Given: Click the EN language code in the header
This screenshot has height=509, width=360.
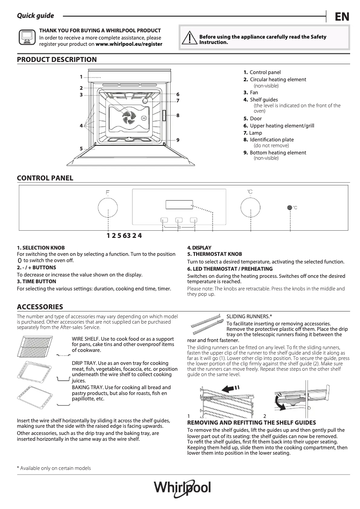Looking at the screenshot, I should pos(342,17).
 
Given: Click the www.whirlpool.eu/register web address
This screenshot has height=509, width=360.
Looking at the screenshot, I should pos(129,44).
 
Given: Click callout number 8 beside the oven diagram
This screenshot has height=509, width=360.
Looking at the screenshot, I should pos(178,116).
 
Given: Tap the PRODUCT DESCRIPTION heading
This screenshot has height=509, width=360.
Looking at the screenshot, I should pos(57,59).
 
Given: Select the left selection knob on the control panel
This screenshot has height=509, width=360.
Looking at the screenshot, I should pos(108,208).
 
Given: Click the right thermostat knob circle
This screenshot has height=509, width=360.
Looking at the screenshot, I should pos(250,208).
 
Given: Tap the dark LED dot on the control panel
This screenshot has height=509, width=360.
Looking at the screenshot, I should pos(290,208).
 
